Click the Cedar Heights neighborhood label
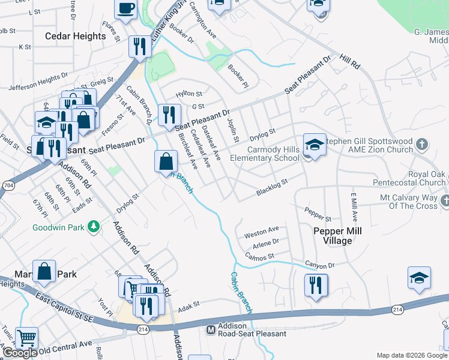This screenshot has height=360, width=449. click(76, 36)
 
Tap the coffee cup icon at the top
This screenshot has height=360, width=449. click(125, 9)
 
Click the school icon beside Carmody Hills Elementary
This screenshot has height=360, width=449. click(315, 145)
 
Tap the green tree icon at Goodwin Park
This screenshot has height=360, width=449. click(92, 226)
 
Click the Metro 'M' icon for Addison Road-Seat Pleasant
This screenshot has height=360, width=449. click(211, 329)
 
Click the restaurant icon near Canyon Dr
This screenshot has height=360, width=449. click(316, 284)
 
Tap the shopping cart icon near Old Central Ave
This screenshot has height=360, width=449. click(26, 338)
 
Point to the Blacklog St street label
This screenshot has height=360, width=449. click(272, 186)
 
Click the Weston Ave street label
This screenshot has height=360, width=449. click(262, 230)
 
